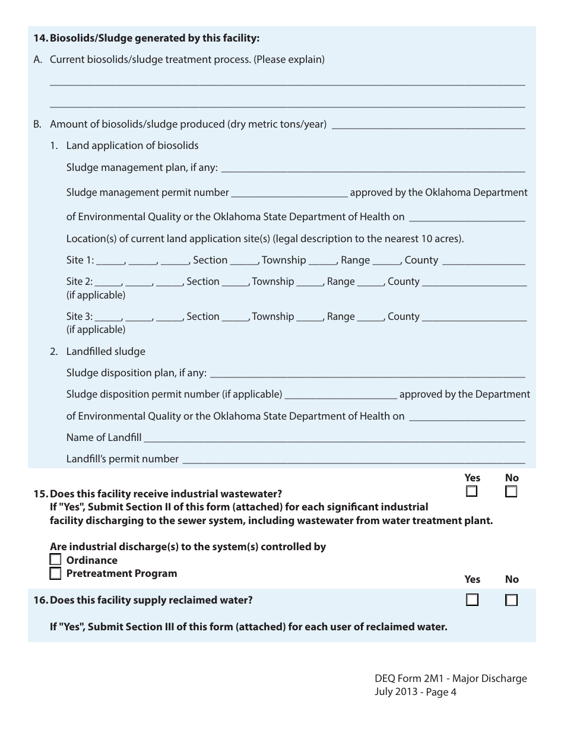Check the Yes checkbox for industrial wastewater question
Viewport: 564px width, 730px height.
pos(472,491)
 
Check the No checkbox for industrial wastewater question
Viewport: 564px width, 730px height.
pos(511,491)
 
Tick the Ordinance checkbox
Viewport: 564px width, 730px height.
pos(55,560)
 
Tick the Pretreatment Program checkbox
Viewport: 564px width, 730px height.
pos(55,573)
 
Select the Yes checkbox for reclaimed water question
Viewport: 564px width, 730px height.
pos(472,600)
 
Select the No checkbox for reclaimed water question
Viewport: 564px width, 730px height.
pos(511,600)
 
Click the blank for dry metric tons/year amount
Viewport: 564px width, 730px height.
pos(429,125)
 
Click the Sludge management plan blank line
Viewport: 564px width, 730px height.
pos(372,169)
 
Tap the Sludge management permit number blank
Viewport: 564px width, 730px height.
pos(289,193)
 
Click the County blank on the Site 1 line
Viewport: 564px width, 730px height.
pos(483,261)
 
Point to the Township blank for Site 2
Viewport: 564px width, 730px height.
pos(309,283)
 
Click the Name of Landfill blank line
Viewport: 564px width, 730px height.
pos(334,439)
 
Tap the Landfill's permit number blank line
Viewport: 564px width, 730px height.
pos(353,460)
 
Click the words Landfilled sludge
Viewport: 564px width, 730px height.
pos(106,351)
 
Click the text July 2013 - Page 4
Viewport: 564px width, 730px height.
pos(415,691)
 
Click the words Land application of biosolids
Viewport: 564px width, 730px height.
pos(132,145)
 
